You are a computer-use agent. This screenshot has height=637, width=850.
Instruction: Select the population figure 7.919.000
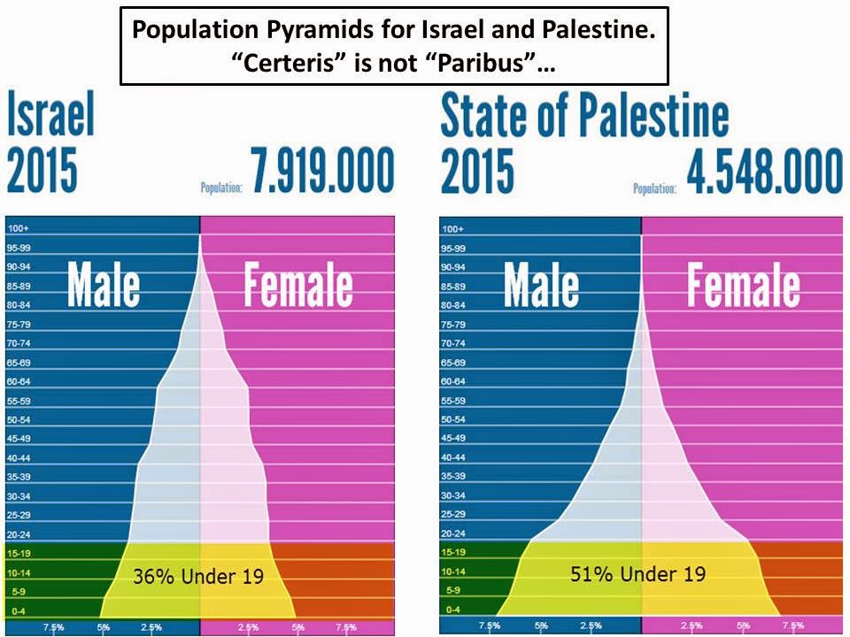click(322, 172)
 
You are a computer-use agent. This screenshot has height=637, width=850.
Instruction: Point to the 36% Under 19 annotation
click(198, 577)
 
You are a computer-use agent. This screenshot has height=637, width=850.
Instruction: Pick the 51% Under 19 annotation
click(637, 573)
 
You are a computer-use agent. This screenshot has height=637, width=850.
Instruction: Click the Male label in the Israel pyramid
click(104, 285)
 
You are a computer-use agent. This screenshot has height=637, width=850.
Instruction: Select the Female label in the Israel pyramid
click(297, 285)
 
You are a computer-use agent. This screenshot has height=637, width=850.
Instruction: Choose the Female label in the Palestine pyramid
click(743, 285)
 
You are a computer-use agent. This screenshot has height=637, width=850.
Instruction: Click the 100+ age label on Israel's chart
click(19, 229)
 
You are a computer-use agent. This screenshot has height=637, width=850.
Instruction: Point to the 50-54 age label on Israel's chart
click(19, 419)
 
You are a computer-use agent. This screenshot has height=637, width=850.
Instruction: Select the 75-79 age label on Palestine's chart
click(453, 325)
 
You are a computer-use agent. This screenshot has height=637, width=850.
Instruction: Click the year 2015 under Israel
click(42, 172)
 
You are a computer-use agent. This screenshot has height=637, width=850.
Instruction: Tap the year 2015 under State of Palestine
click(477, 172)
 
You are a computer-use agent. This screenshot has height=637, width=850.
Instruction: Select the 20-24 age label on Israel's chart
click(19, 533)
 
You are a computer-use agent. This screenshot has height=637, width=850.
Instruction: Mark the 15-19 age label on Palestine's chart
click(453, 552)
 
